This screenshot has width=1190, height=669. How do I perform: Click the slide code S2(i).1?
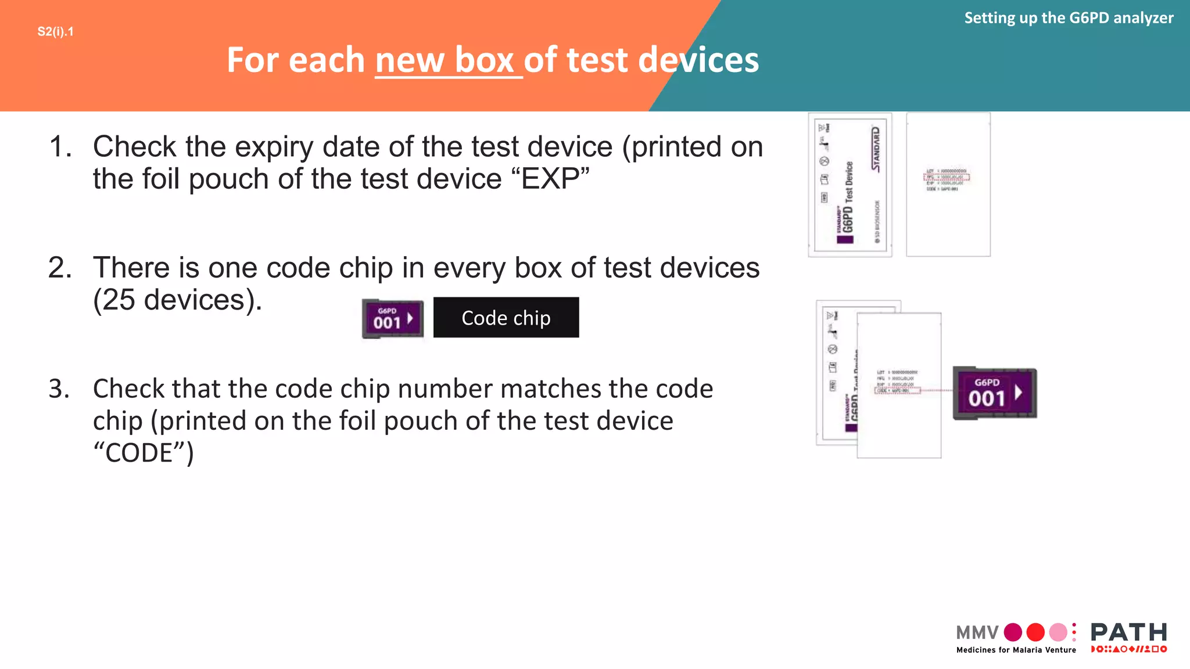point(55,32)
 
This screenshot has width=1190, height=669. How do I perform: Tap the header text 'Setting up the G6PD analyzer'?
point(1068,18)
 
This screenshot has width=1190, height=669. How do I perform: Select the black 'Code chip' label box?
point(506,318)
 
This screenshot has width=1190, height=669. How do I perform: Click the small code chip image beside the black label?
point(392,319)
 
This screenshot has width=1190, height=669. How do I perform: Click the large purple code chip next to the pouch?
point(995,393)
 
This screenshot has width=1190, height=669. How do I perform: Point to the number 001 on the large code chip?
point(986,399)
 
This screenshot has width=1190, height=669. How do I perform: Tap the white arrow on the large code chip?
point(1018,393)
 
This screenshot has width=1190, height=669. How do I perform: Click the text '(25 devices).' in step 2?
point(177,300)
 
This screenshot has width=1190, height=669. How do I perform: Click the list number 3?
point(59,389)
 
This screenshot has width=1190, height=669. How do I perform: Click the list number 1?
point(60,147)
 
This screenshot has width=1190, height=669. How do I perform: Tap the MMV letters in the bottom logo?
point(977,632)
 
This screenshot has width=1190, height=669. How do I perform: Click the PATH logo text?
point(1128,632)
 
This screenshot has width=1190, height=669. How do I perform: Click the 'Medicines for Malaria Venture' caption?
point(1016,650)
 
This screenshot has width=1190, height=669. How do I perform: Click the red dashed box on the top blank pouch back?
point(947,177)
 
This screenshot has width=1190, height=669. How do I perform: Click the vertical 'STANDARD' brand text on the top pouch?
point(876,149)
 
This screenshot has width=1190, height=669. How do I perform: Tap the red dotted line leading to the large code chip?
point(937,391)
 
